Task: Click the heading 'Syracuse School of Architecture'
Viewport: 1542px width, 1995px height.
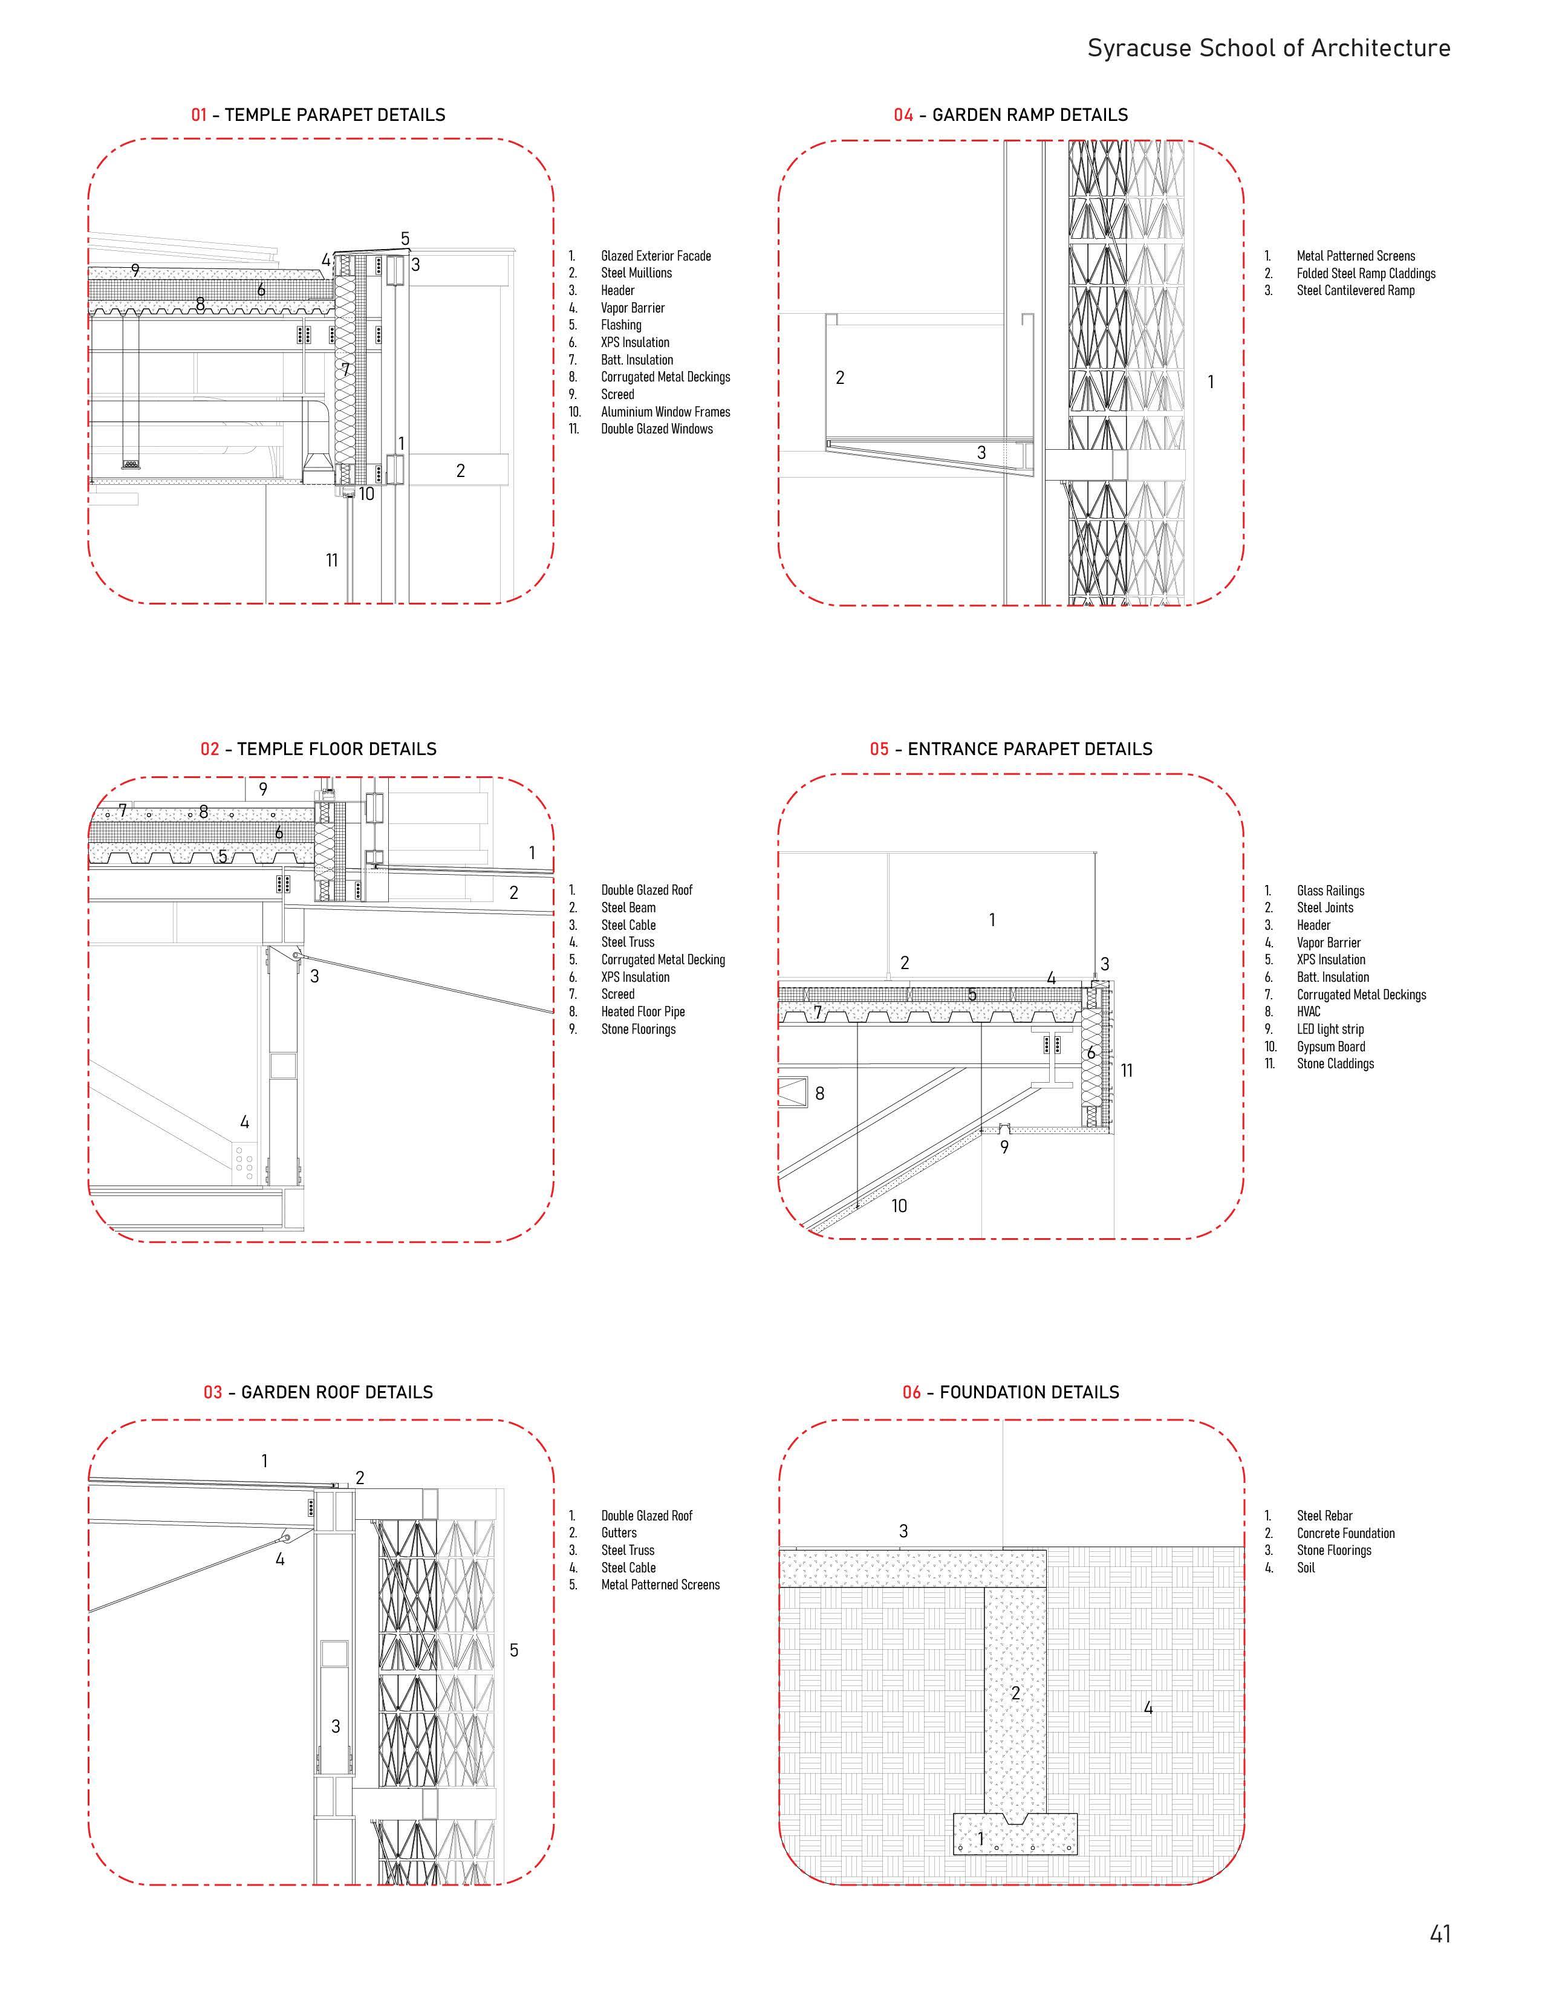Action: click(x=1268, y=48)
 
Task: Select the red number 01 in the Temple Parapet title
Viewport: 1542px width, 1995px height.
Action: click(x=199, y=115)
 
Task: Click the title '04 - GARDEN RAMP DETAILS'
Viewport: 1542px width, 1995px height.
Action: click(x=1010, y=115)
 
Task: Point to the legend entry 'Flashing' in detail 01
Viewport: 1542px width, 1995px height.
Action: click(x=621, y=325)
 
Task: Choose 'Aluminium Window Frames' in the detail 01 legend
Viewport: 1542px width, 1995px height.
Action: click(x=665, y=412)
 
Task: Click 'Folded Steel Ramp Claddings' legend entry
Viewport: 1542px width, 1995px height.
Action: click(x=1365, y=273)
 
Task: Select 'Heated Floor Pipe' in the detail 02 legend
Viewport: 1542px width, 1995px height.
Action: click(x=642, y=1012)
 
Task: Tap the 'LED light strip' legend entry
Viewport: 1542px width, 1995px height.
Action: click(x=1330, y=1030)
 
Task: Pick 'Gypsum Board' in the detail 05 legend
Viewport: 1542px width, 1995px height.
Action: click(x=1331, y=1047)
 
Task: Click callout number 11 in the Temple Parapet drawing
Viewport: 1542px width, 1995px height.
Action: click(x=331, y=560)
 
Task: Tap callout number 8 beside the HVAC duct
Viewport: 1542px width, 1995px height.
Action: click(x=819, y=1094)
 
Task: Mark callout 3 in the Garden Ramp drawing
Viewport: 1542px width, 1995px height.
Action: click(x=981, y=452)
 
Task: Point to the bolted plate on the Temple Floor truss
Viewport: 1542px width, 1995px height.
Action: click(x=243, y=1162)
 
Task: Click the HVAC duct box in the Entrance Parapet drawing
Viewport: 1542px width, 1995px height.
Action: click(x=793, y=1092)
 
